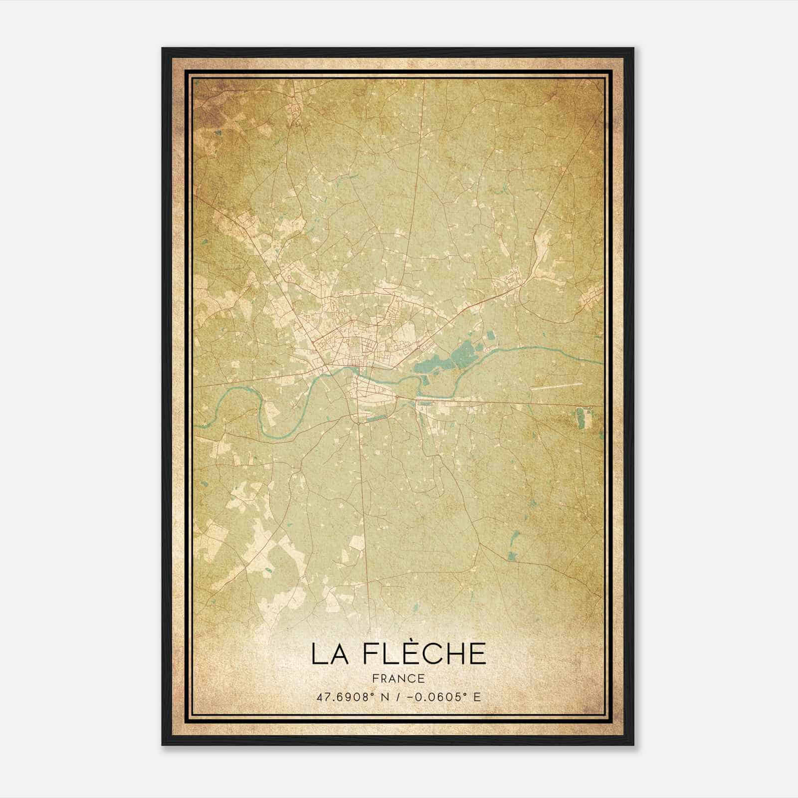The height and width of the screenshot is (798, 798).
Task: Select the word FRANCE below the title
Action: tap(399, 678)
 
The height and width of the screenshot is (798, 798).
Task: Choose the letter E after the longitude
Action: tap(477, 697)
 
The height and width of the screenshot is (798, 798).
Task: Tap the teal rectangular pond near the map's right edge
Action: tap(580, 417)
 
